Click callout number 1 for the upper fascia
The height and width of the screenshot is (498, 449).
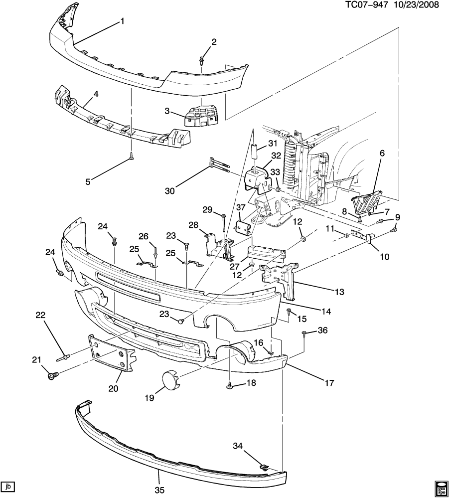pyautogui.click(x=122, y=21)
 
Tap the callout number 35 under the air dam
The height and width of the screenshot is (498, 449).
pyautogui.click(x=159, y=490)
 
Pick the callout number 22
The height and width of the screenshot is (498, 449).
pyautogui.click(x=40, y=315)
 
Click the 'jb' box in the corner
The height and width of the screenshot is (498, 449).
pyautogui.click(x=7, y=486)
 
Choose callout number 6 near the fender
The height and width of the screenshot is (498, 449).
pyautogui.click(x=383, y=154)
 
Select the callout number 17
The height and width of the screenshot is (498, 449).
pyautogui.click(x=328, y=383)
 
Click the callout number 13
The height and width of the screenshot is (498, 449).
pyautogui.click(x=339, y=292)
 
